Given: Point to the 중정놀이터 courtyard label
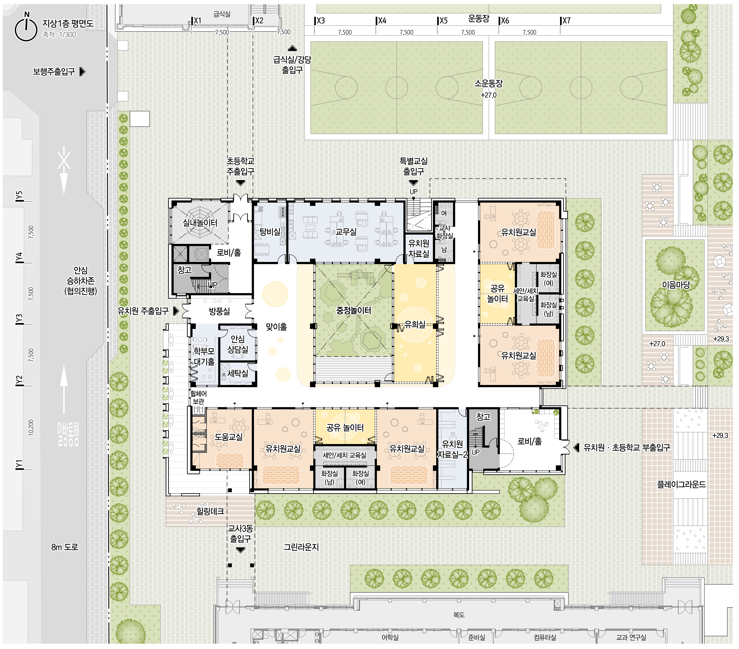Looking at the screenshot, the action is coord(354,310).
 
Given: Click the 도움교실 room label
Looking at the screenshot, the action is coord(228,437).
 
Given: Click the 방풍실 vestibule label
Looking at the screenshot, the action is coord(219,311).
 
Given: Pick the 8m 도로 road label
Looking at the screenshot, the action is coord(65,547).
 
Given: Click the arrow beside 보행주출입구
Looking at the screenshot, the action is coord(82,72).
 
